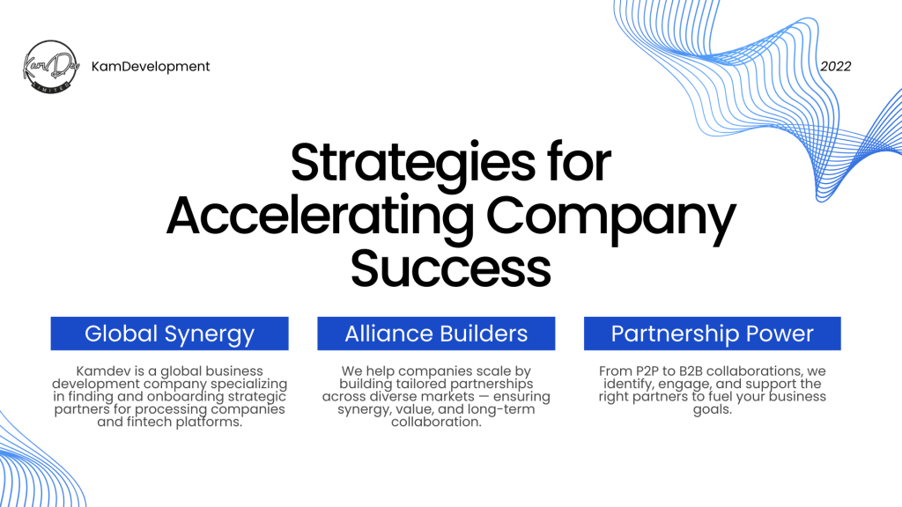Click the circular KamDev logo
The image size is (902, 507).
50,67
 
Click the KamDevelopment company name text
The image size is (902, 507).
151,67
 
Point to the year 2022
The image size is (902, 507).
835,67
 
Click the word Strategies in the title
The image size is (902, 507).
412,163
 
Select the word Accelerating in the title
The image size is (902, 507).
321,217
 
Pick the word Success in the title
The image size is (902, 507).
451,268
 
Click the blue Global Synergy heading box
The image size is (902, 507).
170,334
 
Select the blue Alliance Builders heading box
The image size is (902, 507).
436,334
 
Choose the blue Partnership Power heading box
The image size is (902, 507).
712,334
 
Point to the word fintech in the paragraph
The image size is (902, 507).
149,422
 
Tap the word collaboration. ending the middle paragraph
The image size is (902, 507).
436,422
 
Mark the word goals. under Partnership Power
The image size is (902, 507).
712,410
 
